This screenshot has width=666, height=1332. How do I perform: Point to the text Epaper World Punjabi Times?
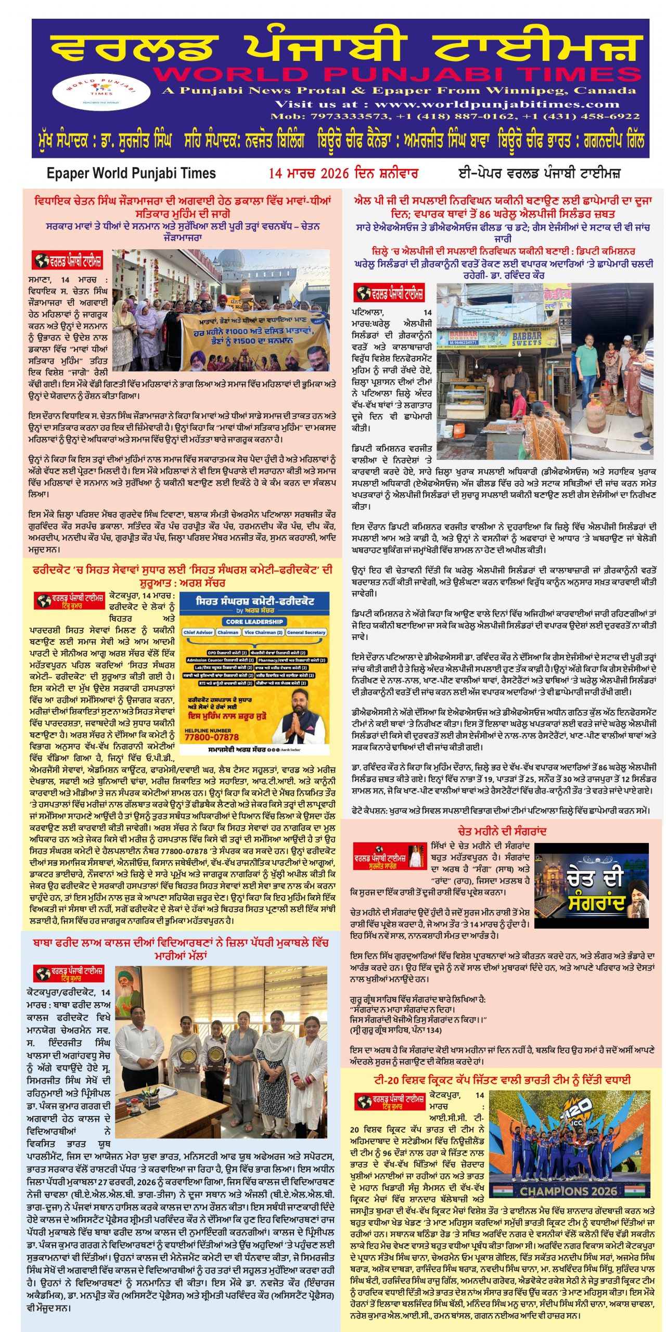pyautogui.click(x=131, y=173)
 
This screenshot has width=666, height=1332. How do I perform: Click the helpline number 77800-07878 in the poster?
pyautogui.click(x=212, y=737)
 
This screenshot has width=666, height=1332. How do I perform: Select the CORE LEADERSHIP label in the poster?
pyautogui.click(x=254, y=621)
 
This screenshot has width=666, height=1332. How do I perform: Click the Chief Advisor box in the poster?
pyautogui.click(x=198, y=632)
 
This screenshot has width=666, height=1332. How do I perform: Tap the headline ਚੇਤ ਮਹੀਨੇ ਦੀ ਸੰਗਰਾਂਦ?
pyautogui.click(x=502, y=831)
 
